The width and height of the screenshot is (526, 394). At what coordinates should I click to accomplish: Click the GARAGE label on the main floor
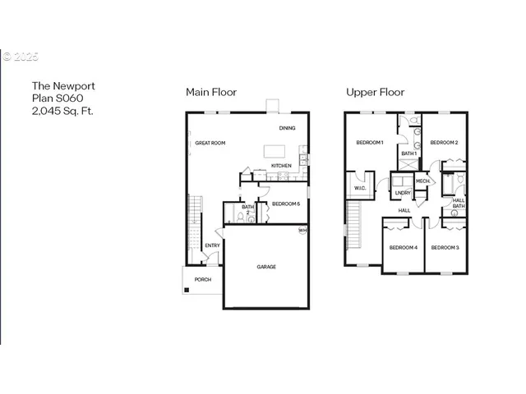coord(265,267)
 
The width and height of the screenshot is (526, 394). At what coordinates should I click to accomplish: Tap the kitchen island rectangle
coord(275,151)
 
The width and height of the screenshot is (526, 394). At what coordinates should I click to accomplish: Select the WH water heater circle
coord(302,231)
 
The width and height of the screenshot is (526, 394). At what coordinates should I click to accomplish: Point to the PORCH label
coord(202,279)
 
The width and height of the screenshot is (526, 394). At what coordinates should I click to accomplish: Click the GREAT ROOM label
coord(210,143)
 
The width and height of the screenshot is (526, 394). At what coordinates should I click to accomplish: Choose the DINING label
coord(287,128)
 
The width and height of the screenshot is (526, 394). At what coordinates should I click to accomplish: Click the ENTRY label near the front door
coord(212,245)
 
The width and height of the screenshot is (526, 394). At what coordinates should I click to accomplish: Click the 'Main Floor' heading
coord(211,92)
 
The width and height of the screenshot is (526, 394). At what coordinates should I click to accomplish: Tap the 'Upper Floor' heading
coord(374,92)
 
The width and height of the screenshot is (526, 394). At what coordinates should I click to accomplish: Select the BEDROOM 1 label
coord(370,143)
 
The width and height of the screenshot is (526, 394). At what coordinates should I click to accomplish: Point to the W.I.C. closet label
coord(360,188)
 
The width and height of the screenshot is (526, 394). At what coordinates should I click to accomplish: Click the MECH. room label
coord(423,181)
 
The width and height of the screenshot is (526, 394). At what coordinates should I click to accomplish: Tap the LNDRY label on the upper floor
coord(402,193)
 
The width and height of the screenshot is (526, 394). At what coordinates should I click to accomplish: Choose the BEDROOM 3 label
coord(445,247)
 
